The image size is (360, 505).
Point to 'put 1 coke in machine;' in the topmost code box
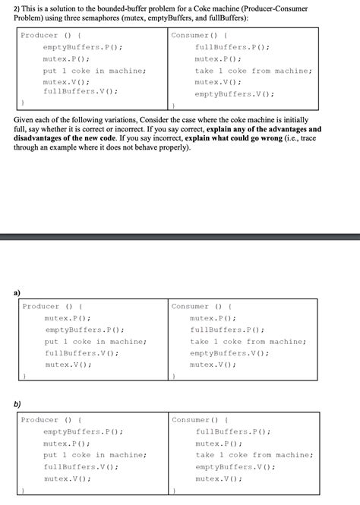(94, 71)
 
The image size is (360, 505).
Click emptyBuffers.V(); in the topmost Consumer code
(234, 94)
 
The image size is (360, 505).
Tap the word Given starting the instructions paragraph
(27, 120)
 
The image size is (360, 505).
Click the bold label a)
(16, 292)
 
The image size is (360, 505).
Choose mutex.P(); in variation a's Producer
(68, 318)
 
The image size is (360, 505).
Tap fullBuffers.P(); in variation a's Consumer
(227, 330)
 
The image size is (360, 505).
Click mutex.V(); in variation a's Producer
(68, 365)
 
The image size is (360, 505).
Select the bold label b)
(16, 405)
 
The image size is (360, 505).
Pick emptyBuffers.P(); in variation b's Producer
(83, 431)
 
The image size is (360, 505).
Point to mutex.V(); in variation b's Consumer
(218, 478)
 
